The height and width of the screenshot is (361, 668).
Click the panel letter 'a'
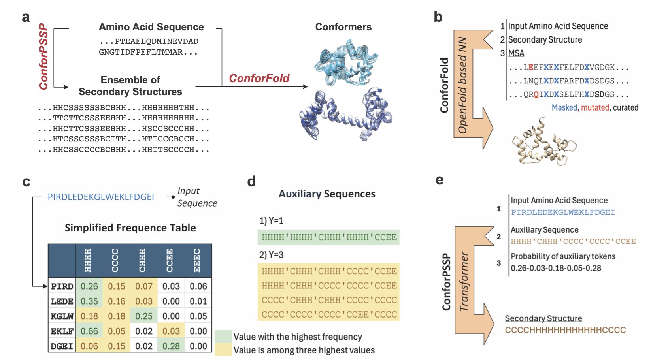pyautogui.click(x=26, y=18)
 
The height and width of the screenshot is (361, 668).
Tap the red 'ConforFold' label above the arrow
pyautogui.click(x=259, y=78)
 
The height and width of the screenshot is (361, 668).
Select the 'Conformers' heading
pyautogui.click(x=343, y=27)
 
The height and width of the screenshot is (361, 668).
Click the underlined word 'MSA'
pyautogui.click(x=516, y=53)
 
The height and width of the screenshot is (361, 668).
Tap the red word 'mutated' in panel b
pyautogui.click(x=595, y=107)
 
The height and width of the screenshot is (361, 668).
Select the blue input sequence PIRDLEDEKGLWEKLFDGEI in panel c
pyautogui.click(x=101, y=197)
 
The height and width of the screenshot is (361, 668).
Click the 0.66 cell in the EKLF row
pyautogui.click(x=89, y=331)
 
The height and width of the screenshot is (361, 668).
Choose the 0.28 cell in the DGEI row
pyautogui.click(x=171, y=346)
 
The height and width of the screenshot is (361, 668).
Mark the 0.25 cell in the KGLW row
pyautogui.click(x=144, y=316)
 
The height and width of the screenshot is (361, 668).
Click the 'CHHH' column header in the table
pyautogui.click(x=142, y=261)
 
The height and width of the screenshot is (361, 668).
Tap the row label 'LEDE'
pyautogui.click(x=62, y=301)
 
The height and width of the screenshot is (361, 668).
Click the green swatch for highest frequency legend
pyautogui.click(x=223, y=337)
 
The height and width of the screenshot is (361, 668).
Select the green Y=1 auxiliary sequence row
pyautogui.click(x=329, y=237)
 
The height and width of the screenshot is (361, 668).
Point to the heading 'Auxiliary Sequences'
pyautogui.click(x=327, y=194)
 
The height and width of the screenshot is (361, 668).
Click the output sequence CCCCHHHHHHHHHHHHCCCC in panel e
pyautogui.click(x=565, y=330)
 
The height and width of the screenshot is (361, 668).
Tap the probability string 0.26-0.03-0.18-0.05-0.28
pyautogui.click(x=556, y=268)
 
